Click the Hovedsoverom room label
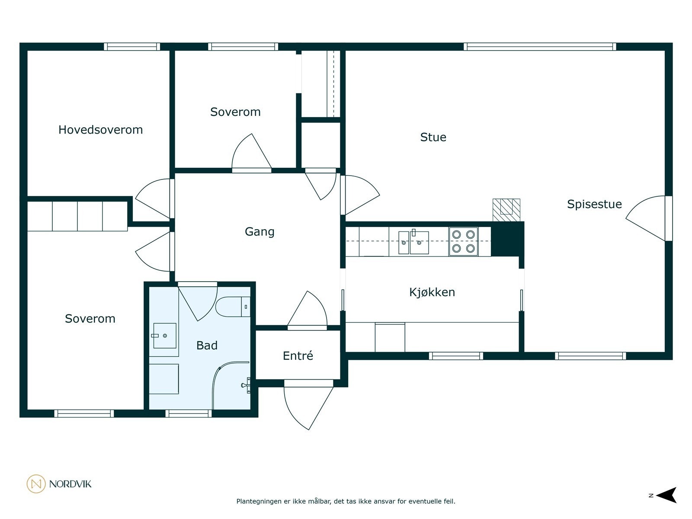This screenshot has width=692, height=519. coord(101,130)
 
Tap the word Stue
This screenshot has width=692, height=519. coord(433,137)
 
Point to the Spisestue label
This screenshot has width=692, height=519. coord(594,204)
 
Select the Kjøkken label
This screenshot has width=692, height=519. coord(432,292)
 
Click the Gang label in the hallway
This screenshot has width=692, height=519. coord(259,232)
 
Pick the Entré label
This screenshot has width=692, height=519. coord(298,356)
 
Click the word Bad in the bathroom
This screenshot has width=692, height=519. coord(207,346)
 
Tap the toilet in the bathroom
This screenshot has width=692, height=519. coord(233,306)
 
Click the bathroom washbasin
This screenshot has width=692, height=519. coord(165,336)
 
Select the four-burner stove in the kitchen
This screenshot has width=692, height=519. coord(464,241)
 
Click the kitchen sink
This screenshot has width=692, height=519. coord(413,242)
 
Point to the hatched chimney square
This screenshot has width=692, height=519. coord(506,210)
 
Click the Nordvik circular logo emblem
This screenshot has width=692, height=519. coord(36,484)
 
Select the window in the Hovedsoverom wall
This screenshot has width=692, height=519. coord(132,47)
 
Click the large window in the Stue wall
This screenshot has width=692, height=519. coord(540,47)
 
